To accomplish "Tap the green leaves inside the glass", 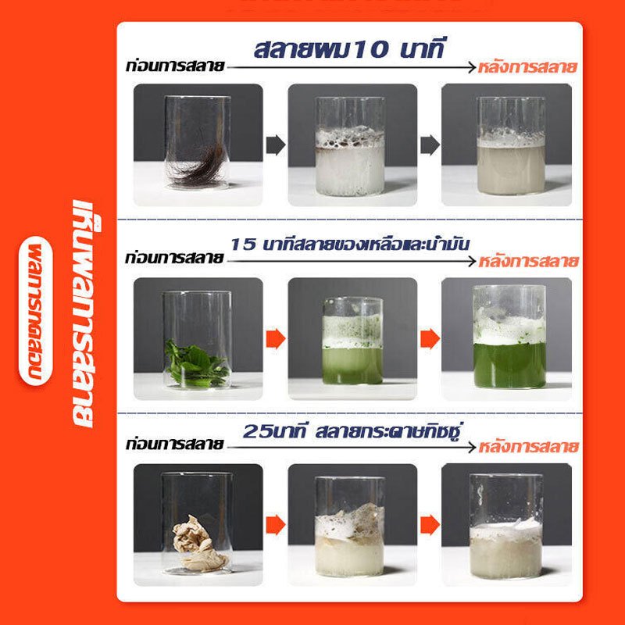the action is (196, 362).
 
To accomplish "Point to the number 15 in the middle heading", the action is (243, 245).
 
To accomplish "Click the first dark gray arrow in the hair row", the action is (276, 145).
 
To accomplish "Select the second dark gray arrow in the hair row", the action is (430, 145).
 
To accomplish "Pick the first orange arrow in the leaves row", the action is (276, 339).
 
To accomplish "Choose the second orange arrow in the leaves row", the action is (430, 339).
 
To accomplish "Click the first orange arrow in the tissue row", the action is (276, 524).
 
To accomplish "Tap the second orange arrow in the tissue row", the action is (430, 524).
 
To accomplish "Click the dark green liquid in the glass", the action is (509, 364).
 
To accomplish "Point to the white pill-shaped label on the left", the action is (35, 311).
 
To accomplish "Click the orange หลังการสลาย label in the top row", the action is (527, 67).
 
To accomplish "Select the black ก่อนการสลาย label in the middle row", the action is (174, 259).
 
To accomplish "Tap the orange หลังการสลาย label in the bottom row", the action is (529, 447).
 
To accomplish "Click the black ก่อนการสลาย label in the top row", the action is (175, 66).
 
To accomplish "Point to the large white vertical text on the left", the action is (84, 314).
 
